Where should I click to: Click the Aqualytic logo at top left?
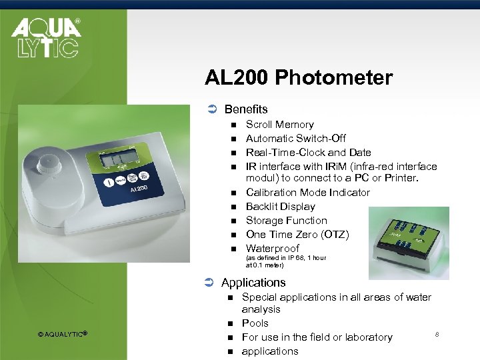(45, 37)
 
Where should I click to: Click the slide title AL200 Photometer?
(299, 78)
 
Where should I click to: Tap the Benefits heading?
(245, 109)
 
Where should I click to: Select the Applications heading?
(253, 282)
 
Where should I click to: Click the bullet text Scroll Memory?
(279, 125)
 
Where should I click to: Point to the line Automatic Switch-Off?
(295, 139)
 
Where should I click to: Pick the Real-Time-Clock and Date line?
(308, 153)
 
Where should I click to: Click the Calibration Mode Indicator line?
(307, 193)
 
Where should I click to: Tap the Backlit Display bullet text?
(281, 207)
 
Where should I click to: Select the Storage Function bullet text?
(286, 221)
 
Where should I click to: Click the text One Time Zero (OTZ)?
(297, 234)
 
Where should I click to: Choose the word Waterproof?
(272, 249)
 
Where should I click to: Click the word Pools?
(255, 323)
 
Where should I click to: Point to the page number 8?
(437, 333)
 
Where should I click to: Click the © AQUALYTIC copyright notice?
(63, 334)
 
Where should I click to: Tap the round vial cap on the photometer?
(49, 165)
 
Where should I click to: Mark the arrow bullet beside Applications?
(211, 283)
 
